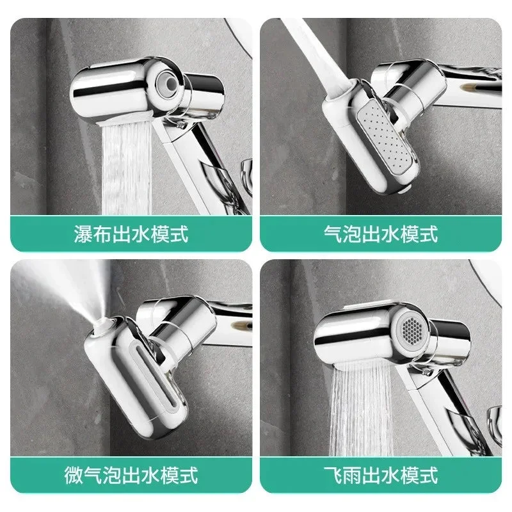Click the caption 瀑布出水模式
tap(131, 234)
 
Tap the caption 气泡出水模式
tap(381, 234)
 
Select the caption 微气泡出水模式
tap(131, 475)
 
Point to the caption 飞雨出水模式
tap(381, 475)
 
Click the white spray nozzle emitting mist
tap(103, 324)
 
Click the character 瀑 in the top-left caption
tap(84, 234)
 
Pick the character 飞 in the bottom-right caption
tap(333, 475)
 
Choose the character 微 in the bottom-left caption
tap(74, 475)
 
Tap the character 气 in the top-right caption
tap(333, 234)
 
